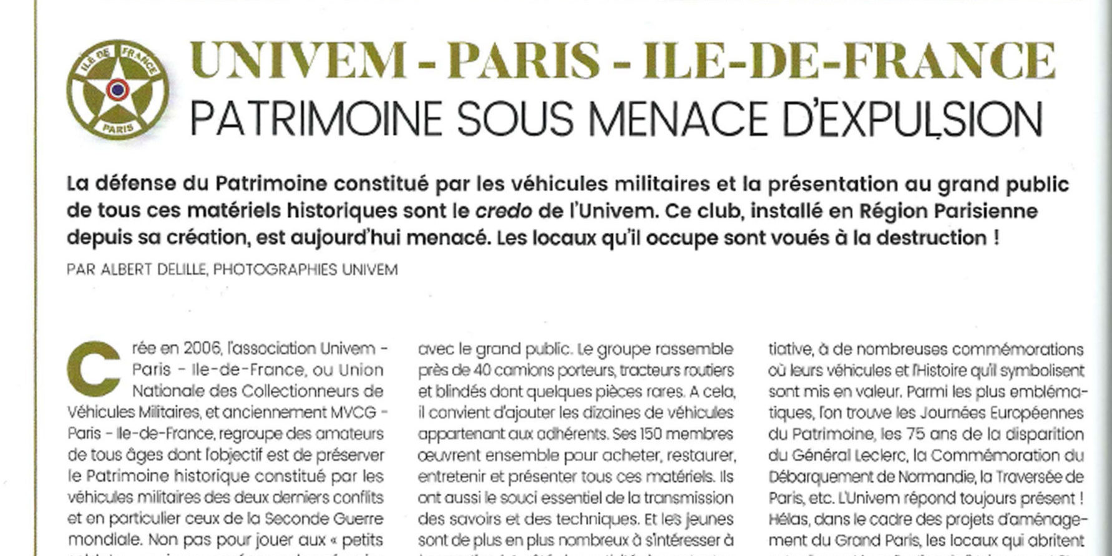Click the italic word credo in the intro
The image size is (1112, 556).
(504, 211)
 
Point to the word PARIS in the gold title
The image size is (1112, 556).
(524, 61)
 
